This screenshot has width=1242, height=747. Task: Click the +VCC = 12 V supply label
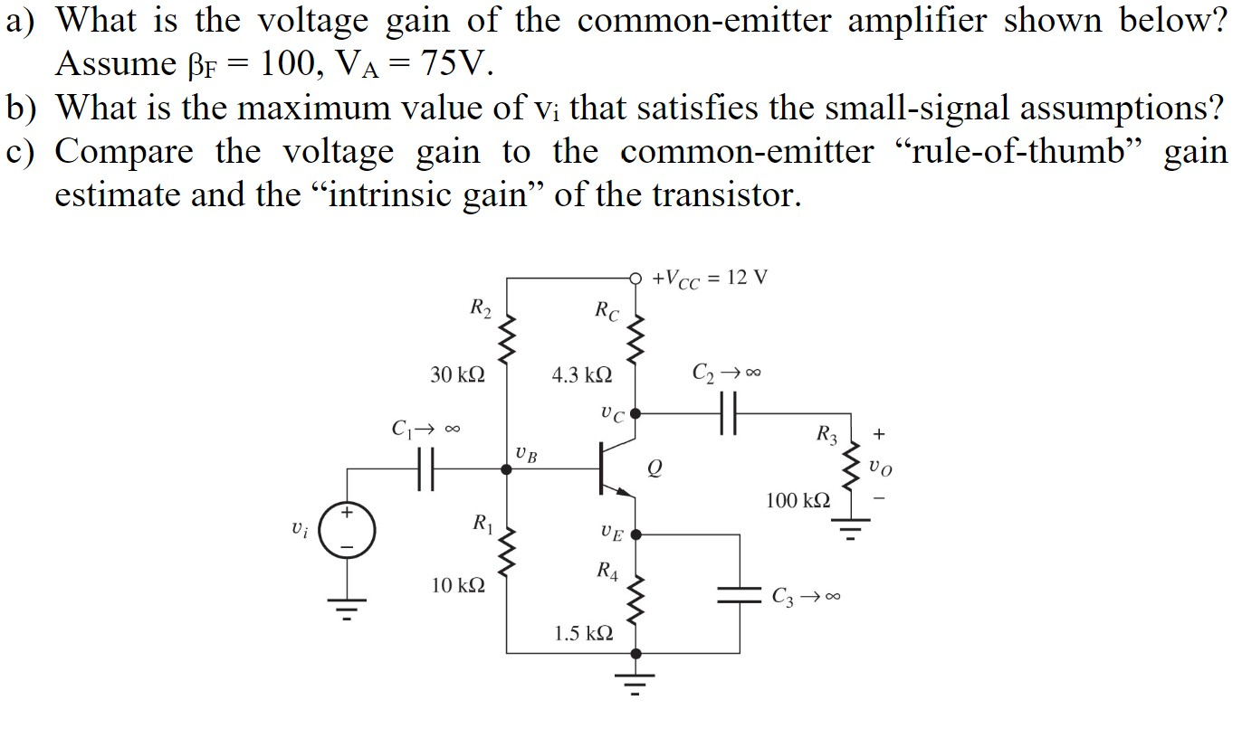tap(709, 278)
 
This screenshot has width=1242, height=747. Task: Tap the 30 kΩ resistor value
tap(457, 373)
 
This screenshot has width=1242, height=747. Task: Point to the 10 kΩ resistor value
tap(457, 585)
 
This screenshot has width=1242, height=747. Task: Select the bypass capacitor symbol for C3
tap(740, 593)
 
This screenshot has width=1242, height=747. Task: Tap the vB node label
tap(525, 453)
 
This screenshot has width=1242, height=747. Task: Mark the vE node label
tap(612, 534)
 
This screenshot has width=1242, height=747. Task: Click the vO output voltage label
tap(880, 468)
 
